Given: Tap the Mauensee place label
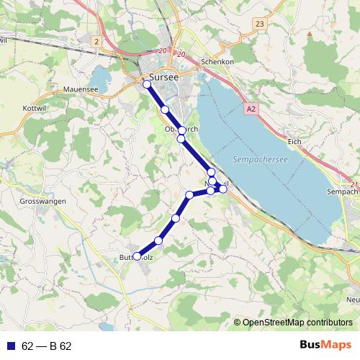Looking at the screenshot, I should coord(81,89).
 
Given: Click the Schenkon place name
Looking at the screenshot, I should coord(218,62).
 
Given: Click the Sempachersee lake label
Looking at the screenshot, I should coord(260,160).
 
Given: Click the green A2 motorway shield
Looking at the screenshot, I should coord(250,109).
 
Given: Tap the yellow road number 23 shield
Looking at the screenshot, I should coord(259,24).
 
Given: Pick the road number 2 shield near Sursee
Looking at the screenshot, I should coord(96,42).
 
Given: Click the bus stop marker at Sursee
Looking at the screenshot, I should coord(147,84).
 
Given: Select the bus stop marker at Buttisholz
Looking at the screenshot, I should coord(137,256).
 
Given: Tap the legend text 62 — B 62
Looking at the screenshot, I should coord(47,346).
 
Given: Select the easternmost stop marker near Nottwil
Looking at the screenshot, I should coord(223,189).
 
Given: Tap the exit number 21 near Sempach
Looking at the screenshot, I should coord(353,185).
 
